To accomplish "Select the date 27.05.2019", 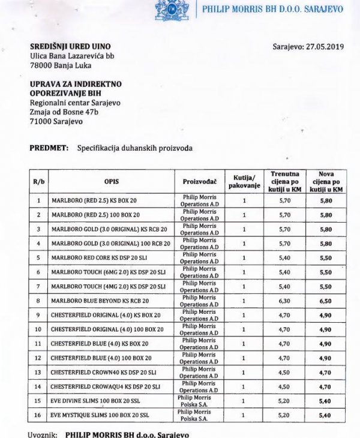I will (325, 47).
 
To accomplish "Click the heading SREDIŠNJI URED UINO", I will (70, 46).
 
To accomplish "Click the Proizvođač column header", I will (199, 180).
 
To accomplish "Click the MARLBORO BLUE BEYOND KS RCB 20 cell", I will (100, 301).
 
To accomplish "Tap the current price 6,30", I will (285, 301).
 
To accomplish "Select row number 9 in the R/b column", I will (38, 315).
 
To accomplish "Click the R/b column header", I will (38, 180).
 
